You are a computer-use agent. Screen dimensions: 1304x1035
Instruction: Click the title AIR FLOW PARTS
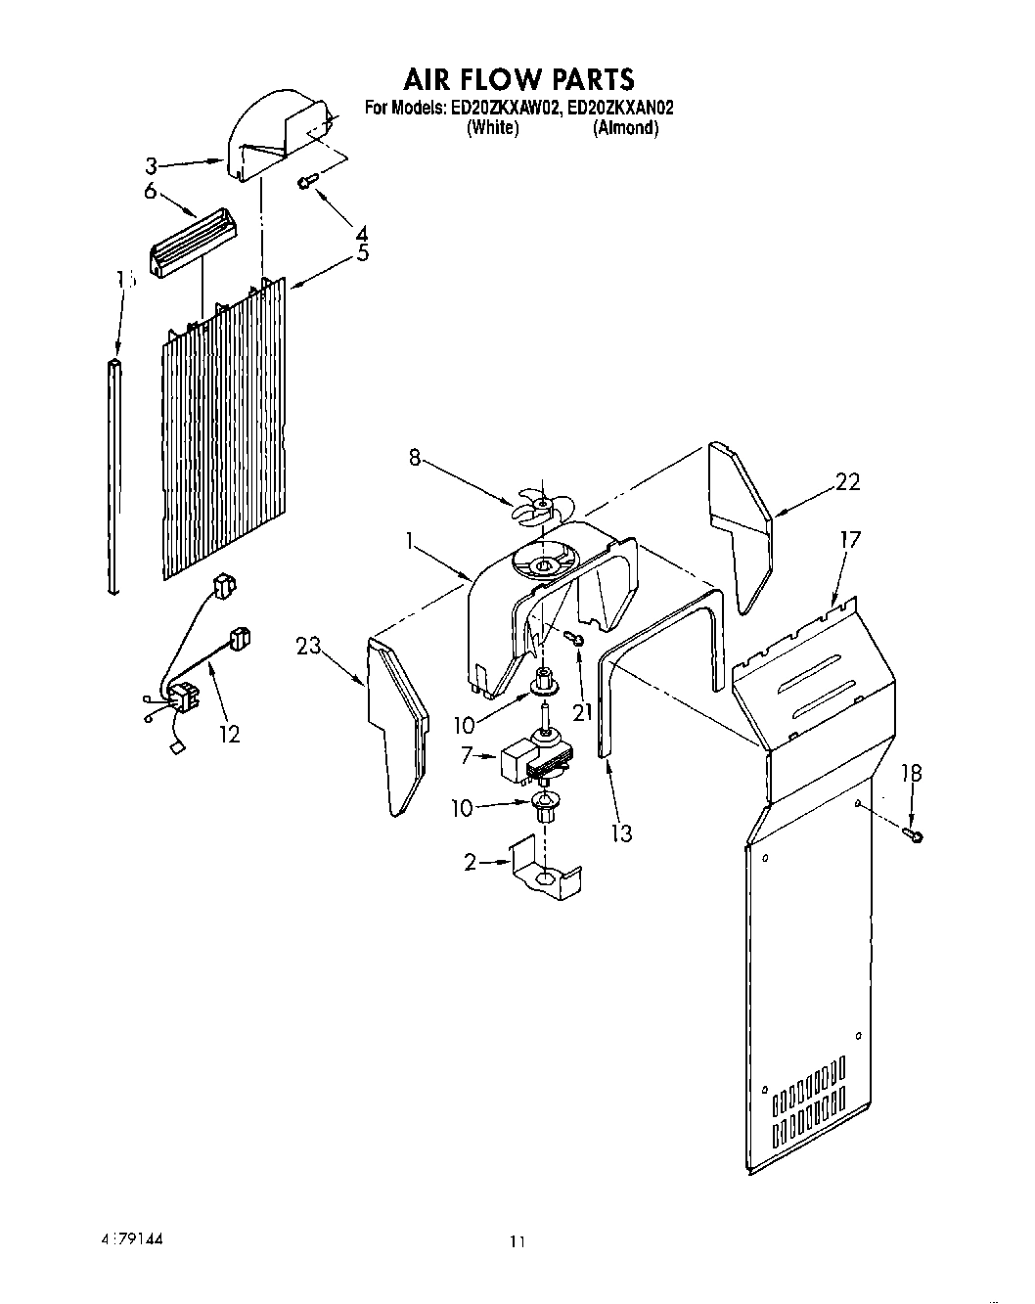(517, 78)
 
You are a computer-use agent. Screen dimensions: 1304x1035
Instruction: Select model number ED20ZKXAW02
(503, 109)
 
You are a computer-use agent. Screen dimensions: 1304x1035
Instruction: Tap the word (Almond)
(625, 128)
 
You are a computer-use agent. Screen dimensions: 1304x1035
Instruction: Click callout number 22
(847, 481)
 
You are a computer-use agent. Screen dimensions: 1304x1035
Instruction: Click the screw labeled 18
(916, 834)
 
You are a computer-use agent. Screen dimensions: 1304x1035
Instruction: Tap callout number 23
(309, 646)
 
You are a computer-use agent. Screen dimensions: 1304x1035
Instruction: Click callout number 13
(620, 832)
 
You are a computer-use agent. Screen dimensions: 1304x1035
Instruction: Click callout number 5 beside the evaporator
(362, 253)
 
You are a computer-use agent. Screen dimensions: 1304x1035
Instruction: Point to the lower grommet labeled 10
(544, 808)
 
